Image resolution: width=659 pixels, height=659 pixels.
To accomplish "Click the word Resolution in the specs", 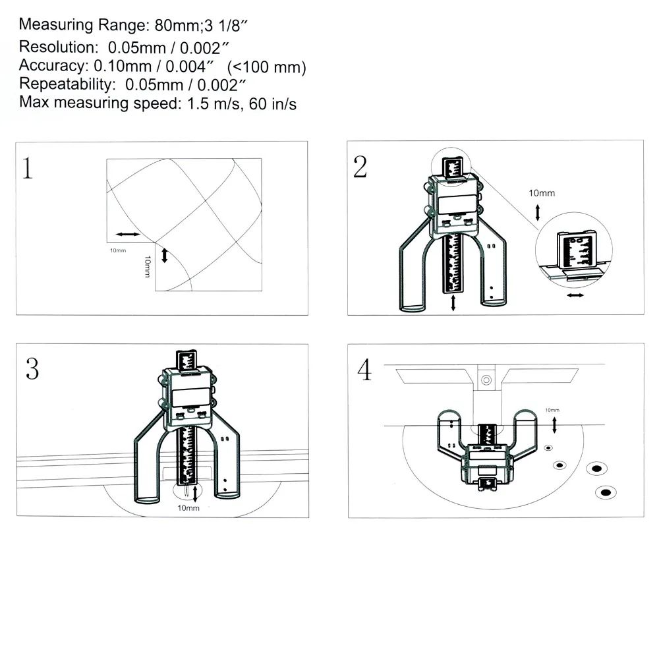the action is pos(58,47).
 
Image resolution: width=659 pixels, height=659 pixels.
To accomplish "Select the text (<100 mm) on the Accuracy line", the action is pos(266,67).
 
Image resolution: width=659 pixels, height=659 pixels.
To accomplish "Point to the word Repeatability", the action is pos(67,84).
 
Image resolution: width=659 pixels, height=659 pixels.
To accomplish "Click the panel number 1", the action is pos(27,168).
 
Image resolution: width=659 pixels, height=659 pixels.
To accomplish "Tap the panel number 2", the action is pos(360,167).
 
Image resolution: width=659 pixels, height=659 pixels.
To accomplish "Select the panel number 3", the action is pos(32,369).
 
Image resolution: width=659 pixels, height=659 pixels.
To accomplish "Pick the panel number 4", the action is pos(364,370).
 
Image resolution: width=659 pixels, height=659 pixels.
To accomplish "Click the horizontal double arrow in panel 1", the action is pos(128,234).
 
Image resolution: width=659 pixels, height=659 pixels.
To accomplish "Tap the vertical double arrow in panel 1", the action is pos(165,256).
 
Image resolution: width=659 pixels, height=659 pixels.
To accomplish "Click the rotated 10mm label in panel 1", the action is pos(147,266).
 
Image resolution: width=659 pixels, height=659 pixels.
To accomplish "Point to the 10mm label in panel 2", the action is pos(542,193).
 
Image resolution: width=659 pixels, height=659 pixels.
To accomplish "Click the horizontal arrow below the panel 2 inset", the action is pos(575,295).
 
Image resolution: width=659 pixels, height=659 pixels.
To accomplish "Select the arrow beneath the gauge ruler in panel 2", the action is pos(453,302).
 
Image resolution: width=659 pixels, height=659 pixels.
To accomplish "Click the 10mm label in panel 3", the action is pos(188,508).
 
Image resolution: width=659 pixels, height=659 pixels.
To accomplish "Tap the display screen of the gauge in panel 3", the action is pos(191,397).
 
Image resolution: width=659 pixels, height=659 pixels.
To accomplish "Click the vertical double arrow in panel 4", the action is pos(554,425).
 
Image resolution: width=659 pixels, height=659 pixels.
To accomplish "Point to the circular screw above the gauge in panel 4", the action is pos(486,380).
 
